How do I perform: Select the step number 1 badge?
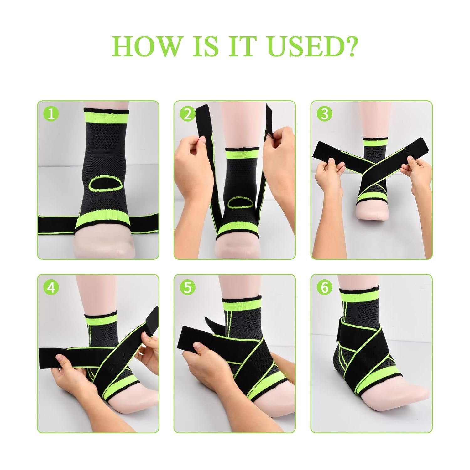tap(51, 114)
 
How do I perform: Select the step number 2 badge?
tap(187, 114)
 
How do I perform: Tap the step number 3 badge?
tap(324, 114)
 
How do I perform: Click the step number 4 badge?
tap(51, 287)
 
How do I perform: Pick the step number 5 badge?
tap(187, 287)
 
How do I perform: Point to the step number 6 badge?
tap(324, 287)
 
